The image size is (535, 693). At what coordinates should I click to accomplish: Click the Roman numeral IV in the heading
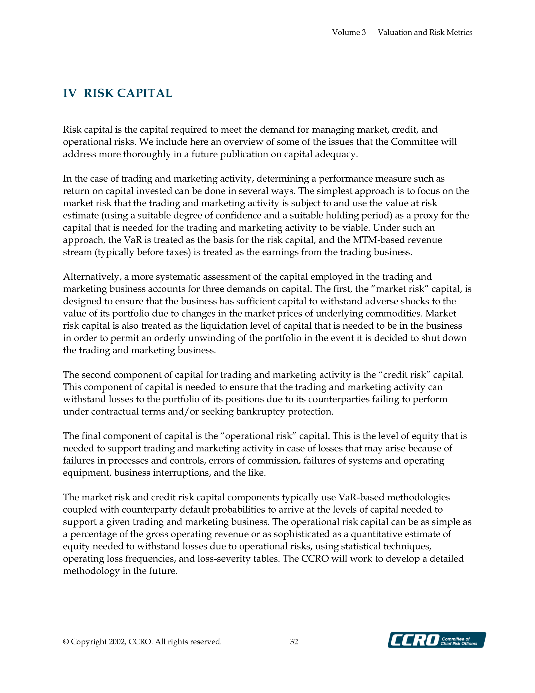click(x=70, y=93)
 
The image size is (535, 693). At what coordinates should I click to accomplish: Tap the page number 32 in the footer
click(x=294, y=642)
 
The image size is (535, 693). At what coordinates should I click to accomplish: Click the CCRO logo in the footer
click(x=436, y=640)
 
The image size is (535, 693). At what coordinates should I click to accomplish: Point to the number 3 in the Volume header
click(x=364, y=32)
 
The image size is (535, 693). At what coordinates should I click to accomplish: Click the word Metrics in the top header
click(x=459, y=32)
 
